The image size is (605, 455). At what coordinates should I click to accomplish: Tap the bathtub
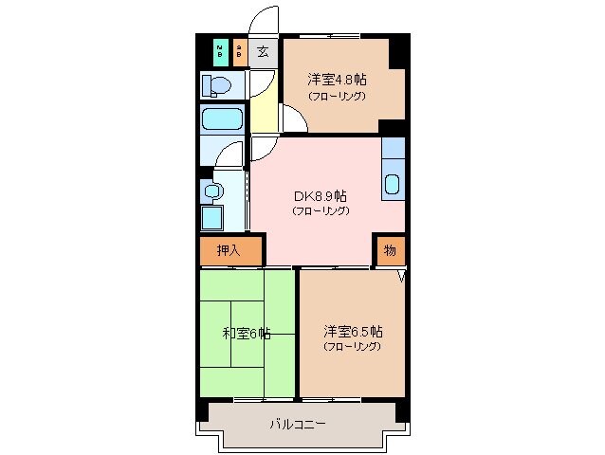click(x=223, y=120)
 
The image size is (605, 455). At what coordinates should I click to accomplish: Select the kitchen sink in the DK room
click(x=393, y=182)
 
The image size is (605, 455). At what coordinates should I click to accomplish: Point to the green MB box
click(x=220, y=51)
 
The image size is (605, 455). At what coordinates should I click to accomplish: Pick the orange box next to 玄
click(x=240, y=51)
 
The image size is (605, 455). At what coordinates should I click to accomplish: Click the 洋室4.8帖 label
click(x=337, y=80)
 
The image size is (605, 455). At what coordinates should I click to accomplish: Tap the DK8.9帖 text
click(x=321, y=195)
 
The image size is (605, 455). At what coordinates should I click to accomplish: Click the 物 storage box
click(x=389, y=250)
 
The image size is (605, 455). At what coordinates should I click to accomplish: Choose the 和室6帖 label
click(x=246, y=333)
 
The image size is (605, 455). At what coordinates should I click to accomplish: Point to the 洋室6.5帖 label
click(x=353, y=332)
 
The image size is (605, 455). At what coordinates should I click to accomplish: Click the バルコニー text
click(x=297, y=424)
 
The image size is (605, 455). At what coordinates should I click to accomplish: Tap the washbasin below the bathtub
click(x=212, y=191)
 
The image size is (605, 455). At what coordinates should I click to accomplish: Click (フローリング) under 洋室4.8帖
click(x=337, y=96)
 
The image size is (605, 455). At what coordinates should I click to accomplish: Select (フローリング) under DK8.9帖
click(x=321, y=210)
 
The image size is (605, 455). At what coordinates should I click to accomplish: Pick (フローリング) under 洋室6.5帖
click(x=352, y=347)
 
